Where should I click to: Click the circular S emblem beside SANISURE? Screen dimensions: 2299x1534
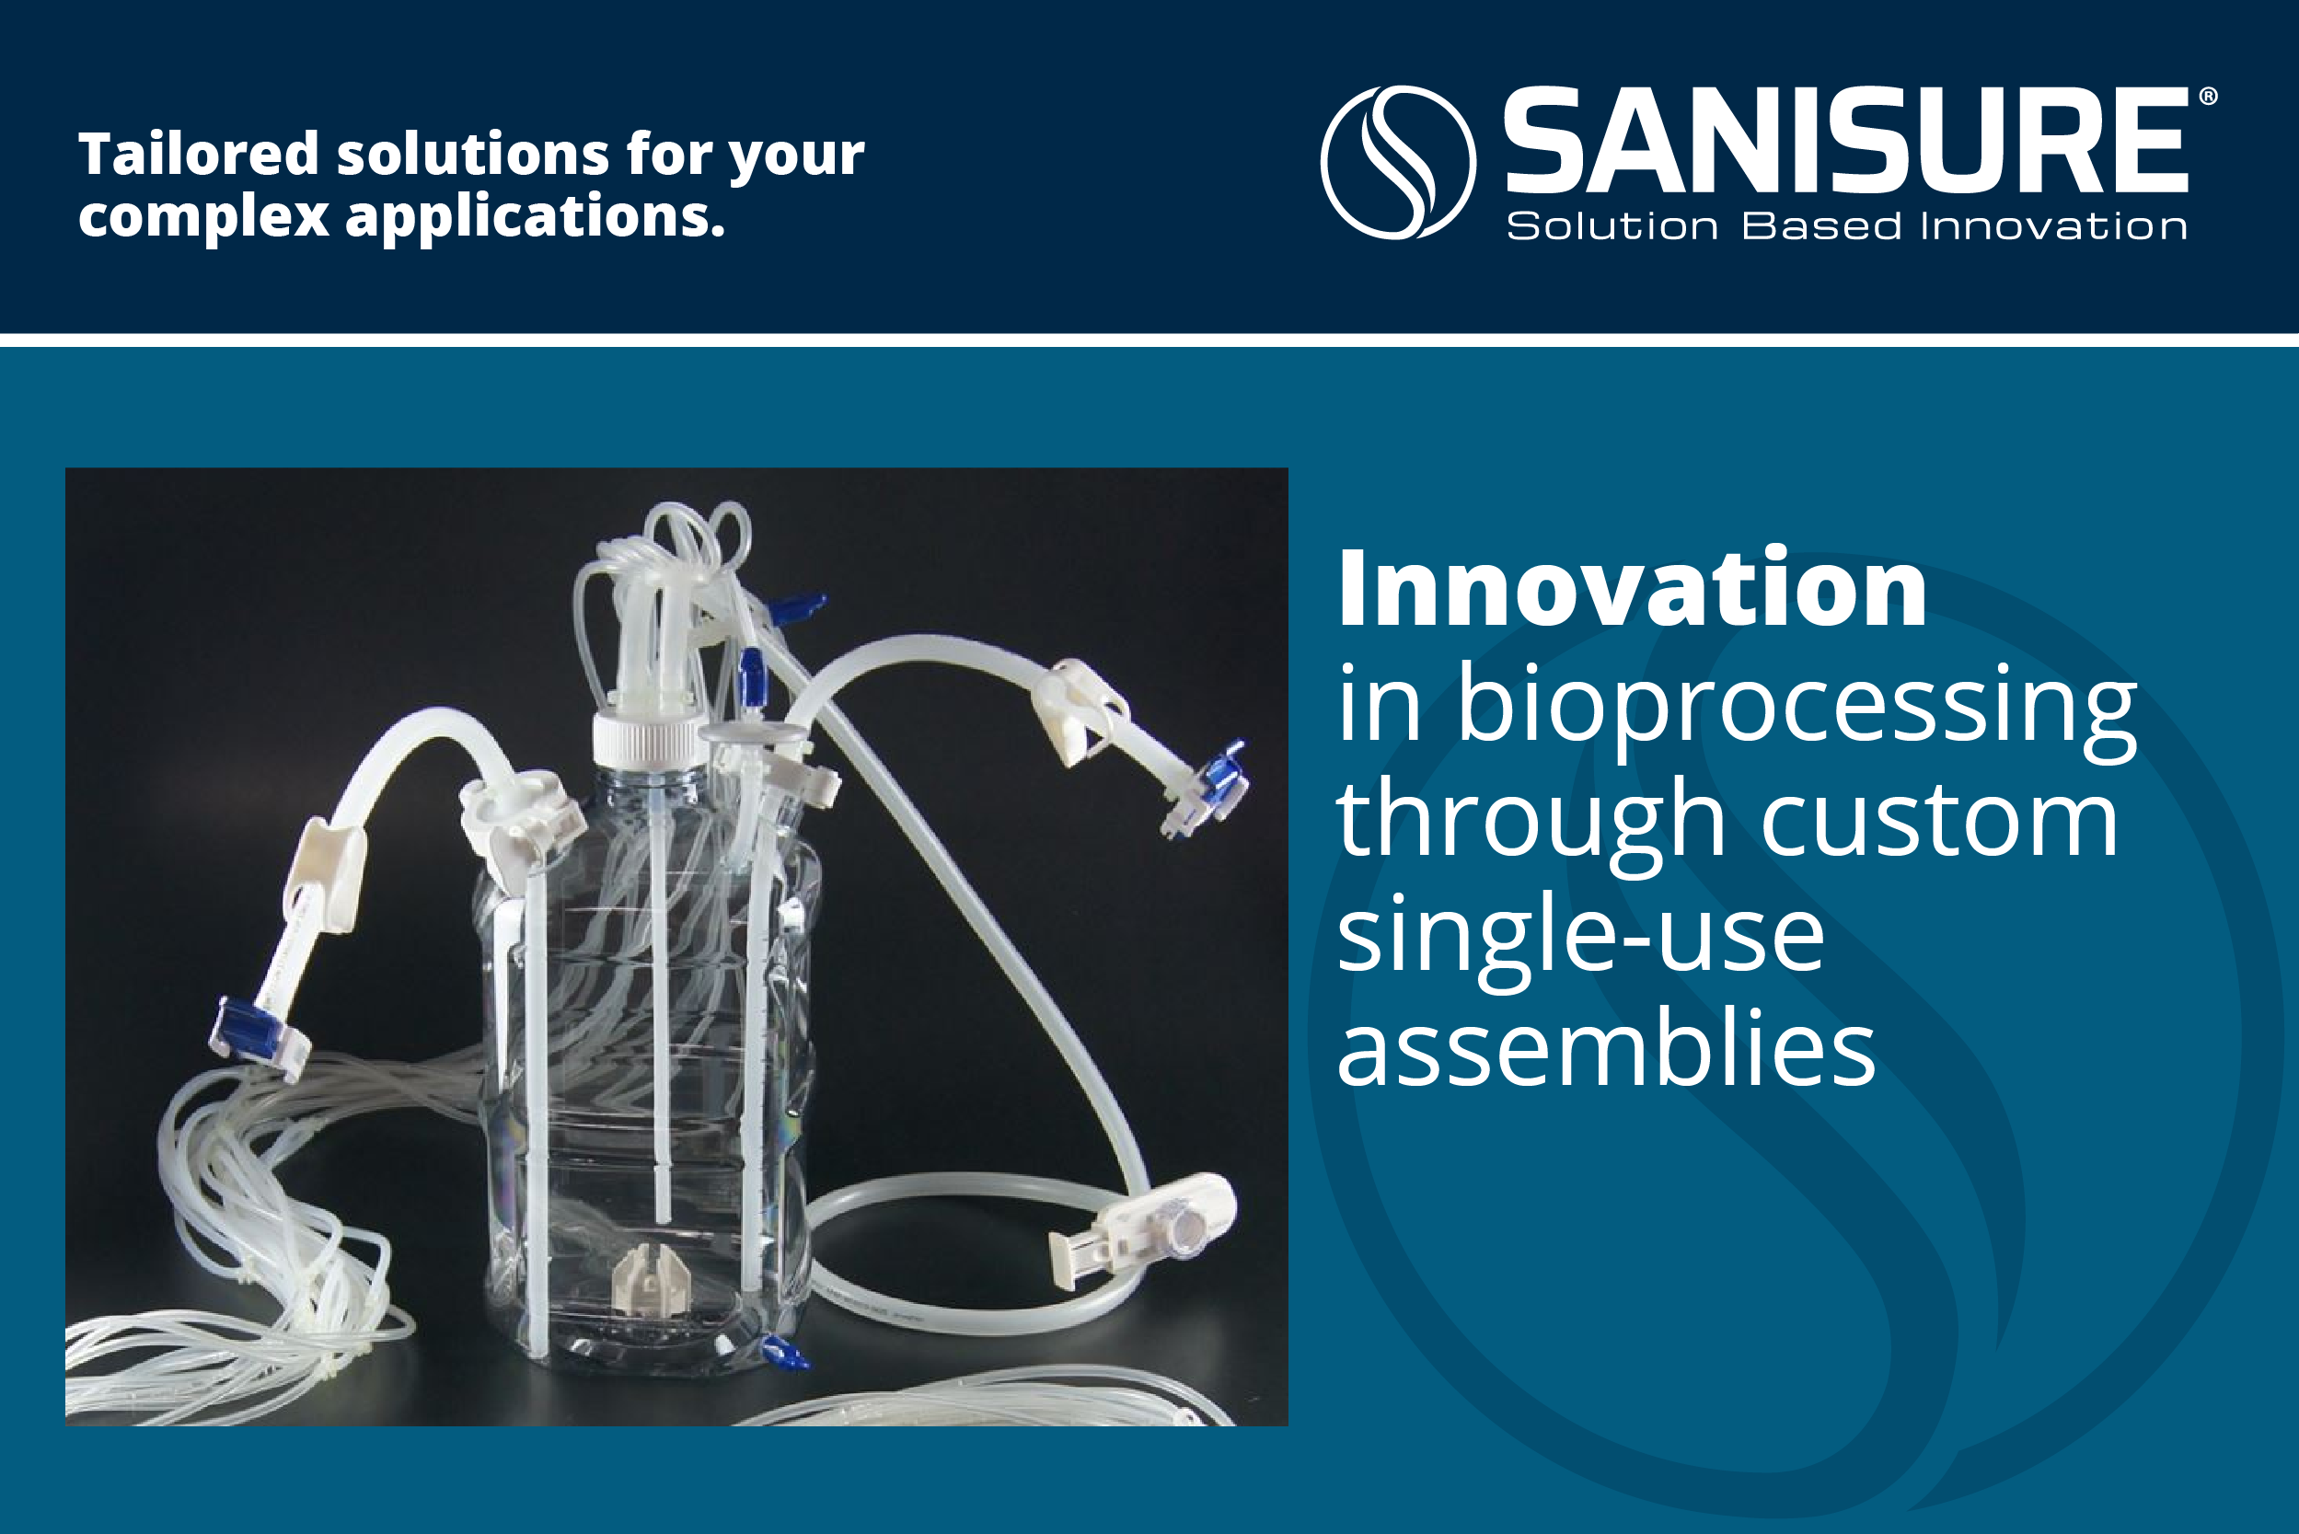pos(1398,162)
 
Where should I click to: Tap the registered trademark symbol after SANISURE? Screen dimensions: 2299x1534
pos(2208,97)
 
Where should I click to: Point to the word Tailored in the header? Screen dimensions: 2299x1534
pos(199,155)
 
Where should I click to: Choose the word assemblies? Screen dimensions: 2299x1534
pos(1606,1048)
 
